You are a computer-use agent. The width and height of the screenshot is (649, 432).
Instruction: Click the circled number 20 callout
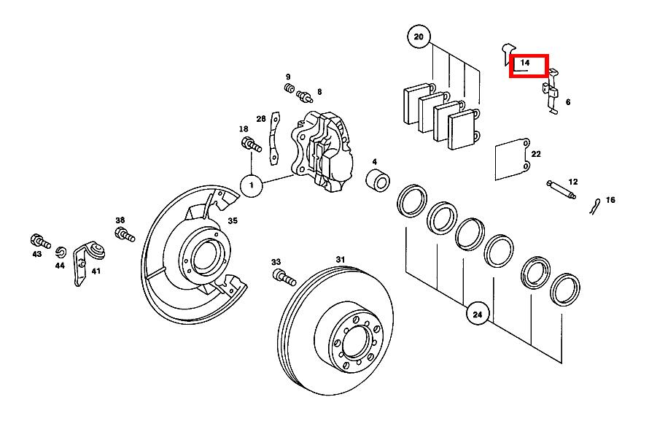coord(418,36)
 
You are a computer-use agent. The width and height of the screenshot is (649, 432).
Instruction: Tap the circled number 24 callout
coord(477,315)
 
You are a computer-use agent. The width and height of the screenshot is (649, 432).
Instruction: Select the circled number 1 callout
coord(252,186)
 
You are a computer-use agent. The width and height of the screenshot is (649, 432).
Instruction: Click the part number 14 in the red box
coord(526,65)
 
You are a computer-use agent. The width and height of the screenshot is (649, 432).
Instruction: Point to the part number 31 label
coord(340,259)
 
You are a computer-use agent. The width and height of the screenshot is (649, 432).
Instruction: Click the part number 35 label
coord(233,220)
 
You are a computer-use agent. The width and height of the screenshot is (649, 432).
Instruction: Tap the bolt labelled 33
coord(282,277)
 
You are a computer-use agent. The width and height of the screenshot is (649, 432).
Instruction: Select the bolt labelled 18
coord(250,144)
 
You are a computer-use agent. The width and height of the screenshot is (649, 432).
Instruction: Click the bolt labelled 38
coord(124,234)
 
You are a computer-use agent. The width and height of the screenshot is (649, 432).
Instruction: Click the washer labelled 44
coord(61,252)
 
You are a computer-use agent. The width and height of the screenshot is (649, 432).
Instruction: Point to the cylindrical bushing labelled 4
coord(377,179)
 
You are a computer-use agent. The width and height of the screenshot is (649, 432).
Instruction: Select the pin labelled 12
coord(561,190)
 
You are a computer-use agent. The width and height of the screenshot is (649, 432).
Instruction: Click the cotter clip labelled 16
coord(595,207)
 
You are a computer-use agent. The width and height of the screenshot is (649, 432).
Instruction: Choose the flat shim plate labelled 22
coord(512,160)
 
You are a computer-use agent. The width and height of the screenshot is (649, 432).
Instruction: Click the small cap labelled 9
coord(289,89)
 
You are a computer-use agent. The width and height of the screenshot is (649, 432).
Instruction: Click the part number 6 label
coord(567,103)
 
